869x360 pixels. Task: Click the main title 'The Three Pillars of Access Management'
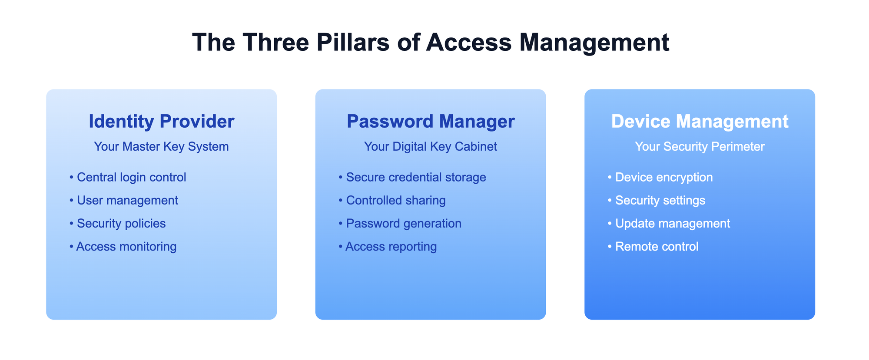[431, 43]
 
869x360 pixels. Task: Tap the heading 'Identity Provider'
[162, 121]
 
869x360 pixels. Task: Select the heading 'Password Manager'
[431, 121]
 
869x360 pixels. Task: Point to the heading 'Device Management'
[700, 121]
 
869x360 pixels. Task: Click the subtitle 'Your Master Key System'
[162, 147]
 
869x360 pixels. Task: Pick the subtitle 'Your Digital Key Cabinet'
[431, 147]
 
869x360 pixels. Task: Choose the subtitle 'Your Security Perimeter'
[700, 147]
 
